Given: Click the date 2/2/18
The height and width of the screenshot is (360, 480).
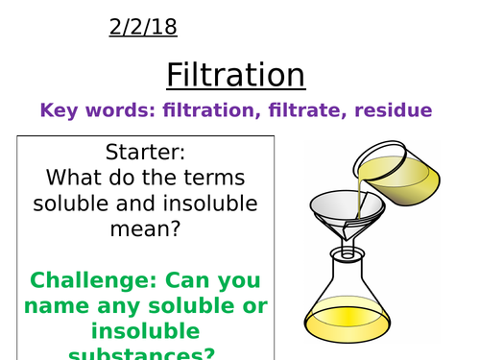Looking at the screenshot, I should click(x=141, y=27).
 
